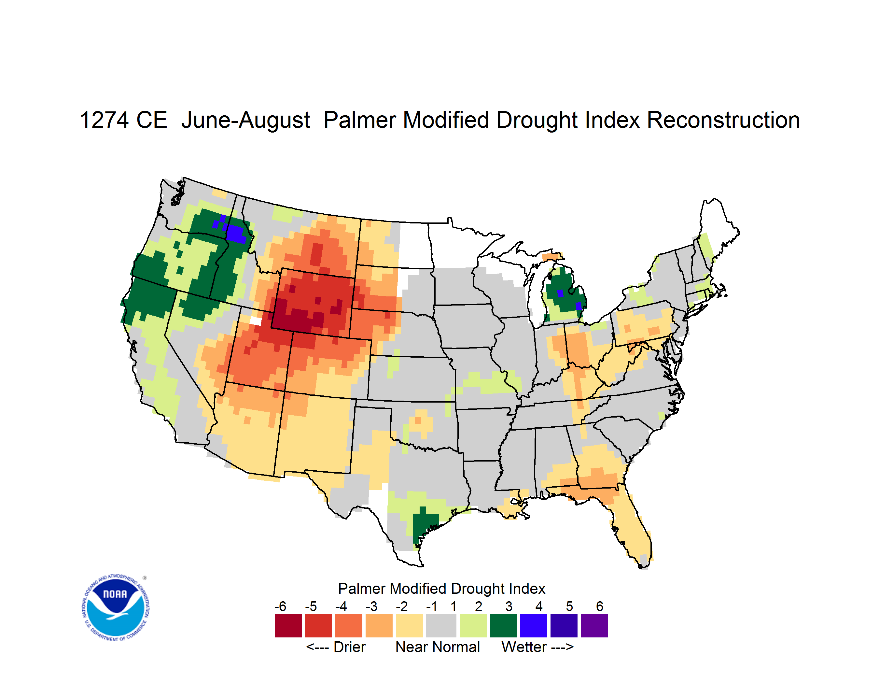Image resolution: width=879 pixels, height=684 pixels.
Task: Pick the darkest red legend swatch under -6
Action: tap(288, 626)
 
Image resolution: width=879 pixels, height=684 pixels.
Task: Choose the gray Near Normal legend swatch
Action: tap(441, 626)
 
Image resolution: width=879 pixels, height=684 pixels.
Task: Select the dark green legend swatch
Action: tap(503, 626)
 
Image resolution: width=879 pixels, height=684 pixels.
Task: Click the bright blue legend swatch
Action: tap(534, 626)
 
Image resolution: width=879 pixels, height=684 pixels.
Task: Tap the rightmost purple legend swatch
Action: tap(594, 626)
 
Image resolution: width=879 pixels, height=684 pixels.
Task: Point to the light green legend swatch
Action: tap(473, 626)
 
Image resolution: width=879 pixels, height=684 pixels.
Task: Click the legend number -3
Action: tap(371, 606)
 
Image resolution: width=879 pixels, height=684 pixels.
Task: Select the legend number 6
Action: tap(600, 606)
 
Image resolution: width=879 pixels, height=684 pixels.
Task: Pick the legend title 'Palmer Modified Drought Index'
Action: tap(441, 589)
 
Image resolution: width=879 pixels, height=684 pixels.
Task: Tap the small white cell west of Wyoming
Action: tap(256, 321)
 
